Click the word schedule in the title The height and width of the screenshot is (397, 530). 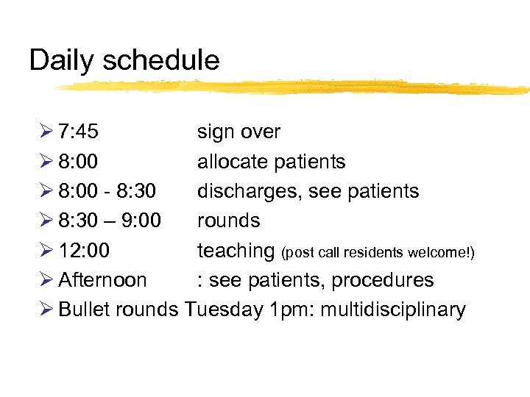click(x=161, y=60)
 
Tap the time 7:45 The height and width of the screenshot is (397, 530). click(x=78, y=132)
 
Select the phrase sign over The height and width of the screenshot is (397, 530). click(x=239, y=132)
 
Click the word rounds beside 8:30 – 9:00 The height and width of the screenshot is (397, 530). click(x=228, y=221)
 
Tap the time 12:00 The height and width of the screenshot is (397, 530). click(x=84, y=251)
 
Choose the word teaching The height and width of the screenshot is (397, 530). click(x=236, y=251)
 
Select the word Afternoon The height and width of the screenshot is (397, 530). click(x=102, y=280)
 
